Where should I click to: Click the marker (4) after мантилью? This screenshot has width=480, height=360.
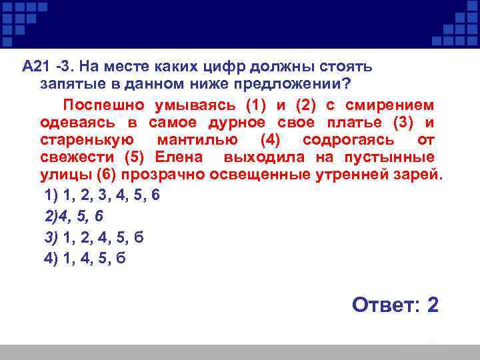[263, 141]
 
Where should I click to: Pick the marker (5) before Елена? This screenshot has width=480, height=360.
[136, 158]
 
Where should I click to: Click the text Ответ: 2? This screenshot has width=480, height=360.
[395, 305]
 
